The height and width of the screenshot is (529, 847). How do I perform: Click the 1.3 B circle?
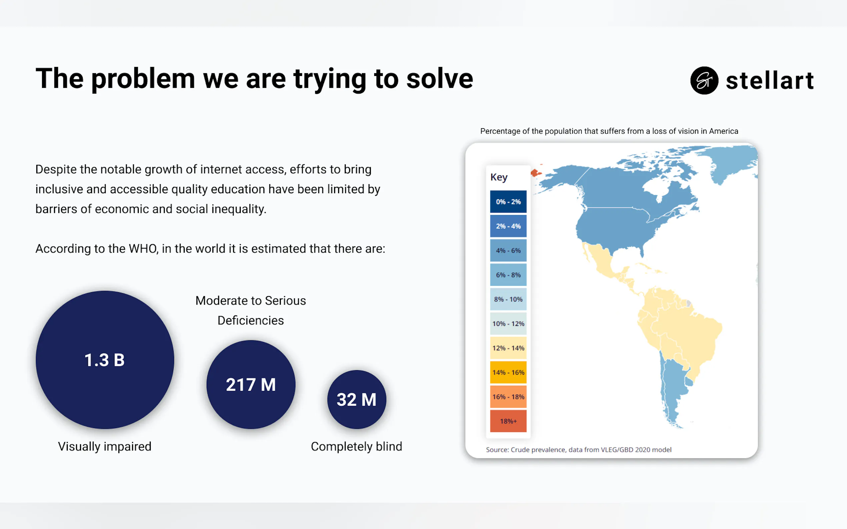point(105,360)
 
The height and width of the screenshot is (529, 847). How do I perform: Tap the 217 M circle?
point(251,384)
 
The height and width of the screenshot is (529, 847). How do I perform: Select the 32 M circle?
point(356,399)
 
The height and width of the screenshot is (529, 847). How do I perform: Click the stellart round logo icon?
point(704,81)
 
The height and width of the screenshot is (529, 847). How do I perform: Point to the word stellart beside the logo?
point(770,81)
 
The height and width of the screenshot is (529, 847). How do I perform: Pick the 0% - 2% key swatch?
point(508,202)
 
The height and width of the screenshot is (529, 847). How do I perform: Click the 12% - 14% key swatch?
point(508,348)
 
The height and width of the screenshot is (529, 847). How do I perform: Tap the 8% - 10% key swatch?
point(508,299)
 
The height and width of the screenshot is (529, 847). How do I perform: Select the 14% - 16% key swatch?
point(508,372)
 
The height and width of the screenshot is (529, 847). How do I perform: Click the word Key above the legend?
point(499,177)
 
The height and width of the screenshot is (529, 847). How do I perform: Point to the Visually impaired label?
point(105,447)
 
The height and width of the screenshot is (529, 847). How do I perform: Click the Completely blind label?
point(356,447)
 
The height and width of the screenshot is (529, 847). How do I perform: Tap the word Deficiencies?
point(251,320)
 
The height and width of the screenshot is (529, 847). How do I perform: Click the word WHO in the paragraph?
point(144,249)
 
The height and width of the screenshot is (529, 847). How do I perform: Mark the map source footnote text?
point(579,450)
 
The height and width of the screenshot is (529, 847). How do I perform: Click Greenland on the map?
point(732,163)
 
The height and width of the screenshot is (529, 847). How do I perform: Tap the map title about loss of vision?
point(609,131)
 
